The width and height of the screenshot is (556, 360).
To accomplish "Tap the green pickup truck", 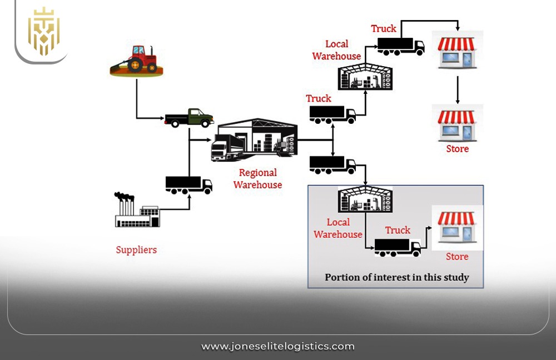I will click(189, 117).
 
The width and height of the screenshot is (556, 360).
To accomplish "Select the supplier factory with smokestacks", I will click(136, 211).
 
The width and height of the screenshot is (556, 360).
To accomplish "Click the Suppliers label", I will click(136, 250).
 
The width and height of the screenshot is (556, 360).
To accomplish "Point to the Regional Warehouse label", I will click(257, 179).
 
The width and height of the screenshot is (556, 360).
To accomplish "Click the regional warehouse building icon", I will click(254, 140).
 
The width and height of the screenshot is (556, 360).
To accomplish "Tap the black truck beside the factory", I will click(188, 184).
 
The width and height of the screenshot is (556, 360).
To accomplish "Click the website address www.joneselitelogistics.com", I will click(277, 346).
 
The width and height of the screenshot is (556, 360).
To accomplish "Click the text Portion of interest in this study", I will click(396, 277).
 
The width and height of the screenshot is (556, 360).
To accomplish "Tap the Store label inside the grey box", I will click(457, 257).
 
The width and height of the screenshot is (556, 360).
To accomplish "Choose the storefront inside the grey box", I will click(457, 227).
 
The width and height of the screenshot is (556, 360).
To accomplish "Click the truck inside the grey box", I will click(398, 247).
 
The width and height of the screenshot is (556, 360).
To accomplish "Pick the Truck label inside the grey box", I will click(398, 230).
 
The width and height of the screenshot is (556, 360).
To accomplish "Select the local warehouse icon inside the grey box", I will click(365, 200).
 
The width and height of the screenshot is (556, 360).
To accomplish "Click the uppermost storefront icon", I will click(457, 51).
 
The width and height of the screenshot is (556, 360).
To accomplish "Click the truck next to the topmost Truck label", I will click(401, 46).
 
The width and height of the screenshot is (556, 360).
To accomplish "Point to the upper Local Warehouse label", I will click(336, 50).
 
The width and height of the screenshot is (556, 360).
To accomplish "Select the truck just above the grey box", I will click(332, 164).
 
